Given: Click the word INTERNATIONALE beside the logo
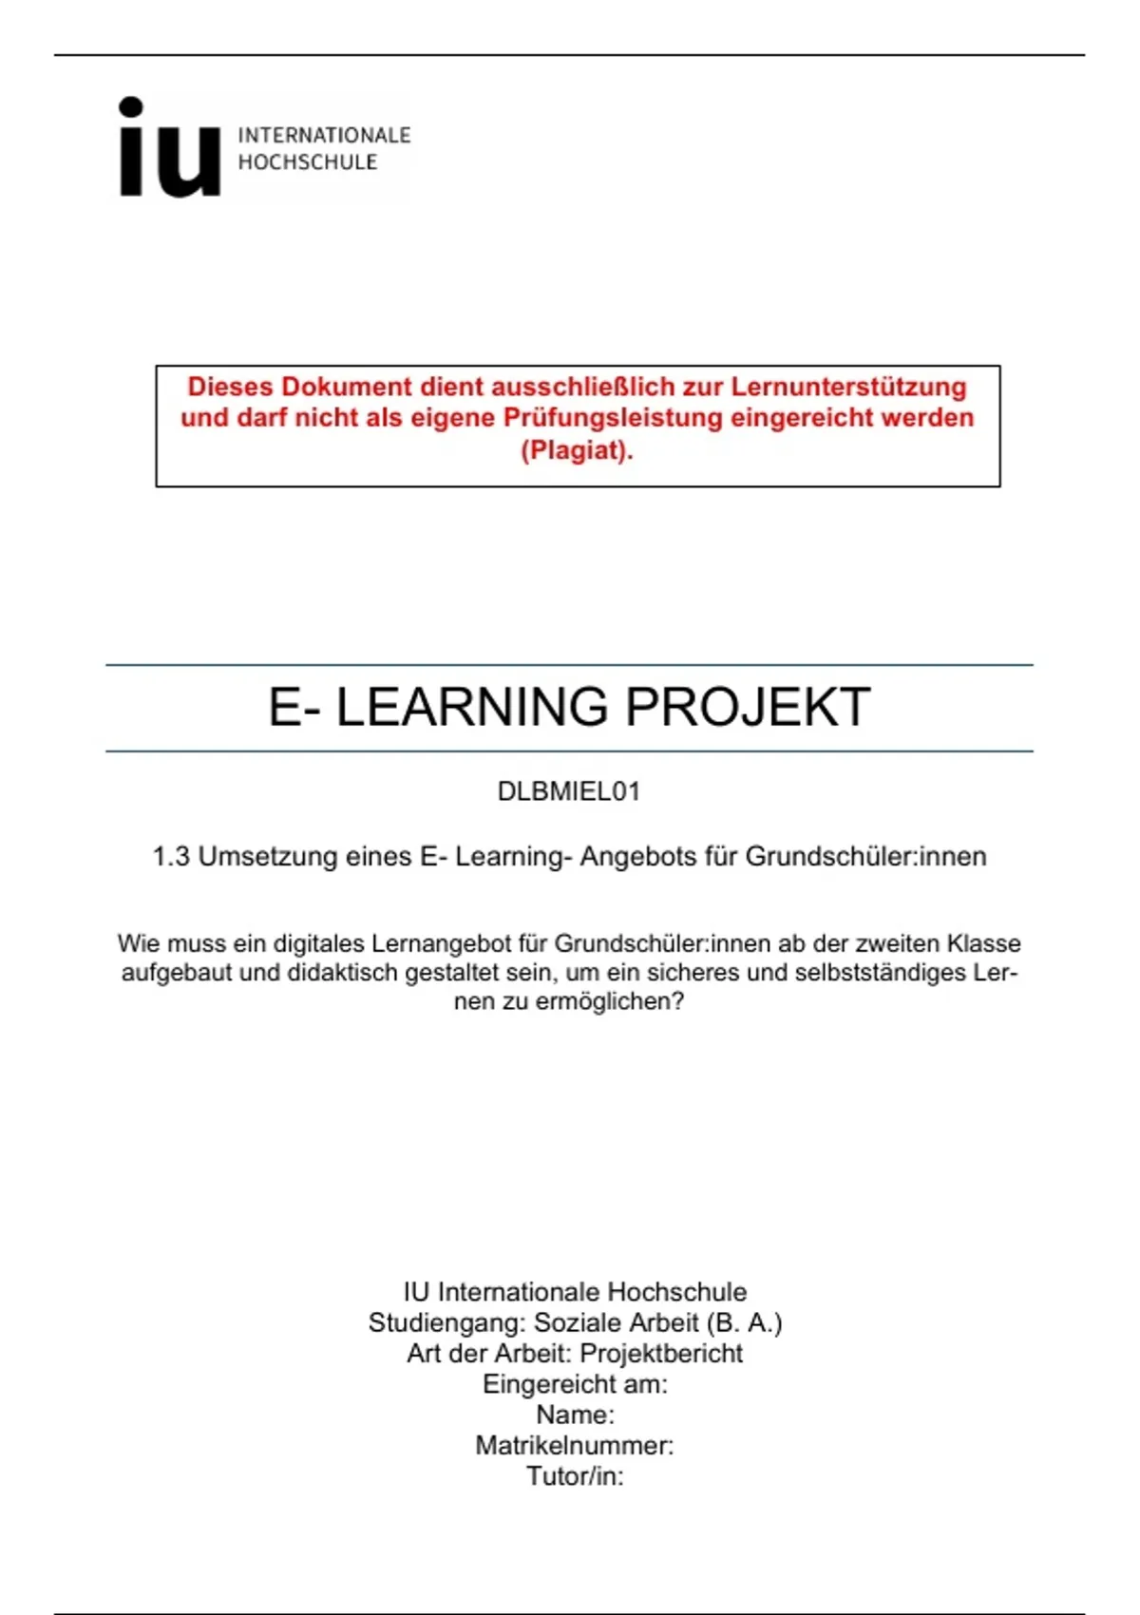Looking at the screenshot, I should [x=324, y=135].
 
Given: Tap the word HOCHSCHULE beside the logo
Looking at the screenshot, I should [x=307, y=162].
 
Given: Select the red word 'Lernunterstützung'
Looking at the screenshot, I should [x=848, y=387].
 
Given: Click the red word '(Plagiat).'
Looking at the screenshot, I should [x=577, y=449].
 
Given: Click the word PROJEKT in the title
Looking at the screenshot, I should [x=748, y=708].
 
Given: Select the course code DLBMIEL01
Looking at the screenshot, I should [x=569, y=791].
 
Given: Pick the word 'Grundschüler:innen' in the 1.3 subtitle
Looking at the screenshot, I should [x=865, y=857].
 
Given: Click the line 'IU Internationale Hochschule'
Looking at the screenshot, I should [x=575, y=1292].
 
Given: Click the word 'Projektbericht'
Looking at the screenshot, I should [x=661, y=1354].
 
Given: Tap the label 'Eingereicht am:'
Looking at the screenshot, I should [x=575, y=1384].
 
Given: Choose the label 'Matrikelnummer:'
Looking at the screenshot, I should [x=575, y=1446].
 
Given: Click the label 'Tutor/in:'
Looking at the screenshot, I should [x=575, y=1476].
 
